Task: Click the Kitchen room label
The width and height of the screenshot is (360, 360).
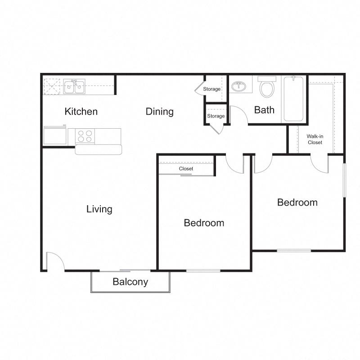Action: click(81, 112)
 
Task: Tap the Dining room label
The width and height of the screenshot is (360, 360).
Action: click(160, 112)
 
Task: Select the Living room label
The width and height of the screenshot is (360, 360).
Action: click(99, 209)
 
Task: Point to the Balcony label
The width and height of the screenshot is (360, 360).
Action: click(130, 282)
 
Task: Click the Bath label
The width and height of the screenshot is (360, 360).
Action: click(264, 110)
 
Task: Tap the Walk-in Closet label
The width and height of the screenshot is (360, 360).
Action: click(315, 139)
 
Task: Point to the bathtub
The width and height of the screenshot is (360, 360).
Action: click(294, 99)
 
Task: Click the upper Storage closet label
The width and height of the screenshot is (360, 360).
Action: click(211, 89)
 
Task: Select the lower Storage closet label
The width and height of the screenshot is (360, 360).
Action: click(216, 116)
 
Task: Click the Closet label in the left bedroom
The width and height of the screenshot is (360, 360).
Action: click(186, 169)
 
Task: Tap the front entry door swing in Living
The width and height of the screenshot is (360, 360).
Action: click(54, 261)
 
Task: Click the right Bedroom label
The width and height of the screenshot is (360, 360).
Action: click(297, 202)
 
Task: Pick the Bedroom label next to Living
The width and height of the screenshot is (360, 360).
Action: click(204, 223)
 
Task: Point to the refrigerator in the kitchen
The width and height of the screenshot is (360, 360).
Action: click(54, 135)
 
